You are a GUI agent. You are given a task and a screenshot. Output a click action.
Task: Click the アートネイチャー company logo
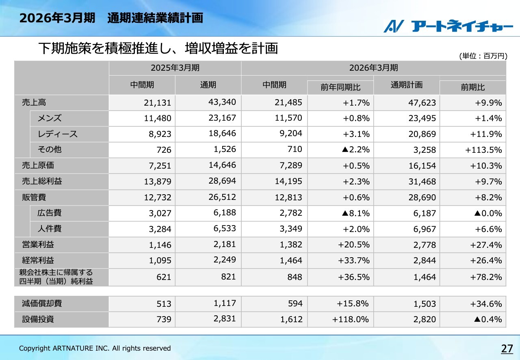(x=448, y=26)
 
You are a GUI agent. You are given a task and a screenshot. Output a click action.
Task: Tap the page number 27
(x=507, y=348)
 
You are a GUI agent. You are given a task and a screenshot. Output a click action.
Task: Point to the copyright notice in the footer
(x=95, y=348)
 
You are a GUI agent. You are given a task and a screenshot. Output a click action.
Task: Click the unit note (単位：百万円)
(x=483, y=56)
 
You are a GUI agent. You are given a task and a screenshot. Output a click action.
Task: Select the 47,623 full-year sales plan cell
(x=422, y=102)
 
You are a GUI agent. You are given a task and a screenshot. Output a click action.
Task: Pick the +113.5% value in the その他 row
(x=483, y=150)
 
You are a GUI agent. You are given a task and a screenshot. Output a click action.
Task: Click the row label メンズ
(x=50, y=118)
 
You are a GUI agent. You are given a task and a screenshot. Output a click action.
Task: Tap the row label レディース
(x=58, y=134)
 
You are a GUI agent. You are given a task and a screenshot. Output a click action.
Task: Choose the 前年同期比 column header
(x=340, y=87)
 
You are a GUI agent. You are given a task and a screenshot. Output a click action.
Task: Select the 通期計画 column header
(x=406, y=85)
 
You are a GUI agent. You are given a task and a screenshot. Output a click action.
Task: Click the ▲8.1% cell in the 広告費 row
(x=355, y=213)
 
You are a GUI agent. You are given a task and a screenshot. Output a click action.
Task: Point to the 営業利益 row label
(x=38, y=245)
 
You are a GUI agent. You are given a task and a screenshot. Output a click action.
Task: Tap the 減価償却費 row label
(x=42, y=304)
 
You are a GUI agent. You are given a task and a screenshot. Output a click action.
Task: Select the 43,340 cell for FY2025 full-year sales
(x=222, y=102)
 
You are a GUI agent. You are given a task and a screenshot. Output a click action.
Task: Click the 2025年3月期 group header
(x=175, y=68)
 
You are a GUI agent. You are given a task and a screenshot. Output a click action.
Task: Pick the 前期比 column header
(x=472, y=87)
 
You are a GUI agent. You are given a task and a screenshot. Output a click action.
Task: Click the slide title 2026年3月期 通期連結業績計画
(x=111, y=18)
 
